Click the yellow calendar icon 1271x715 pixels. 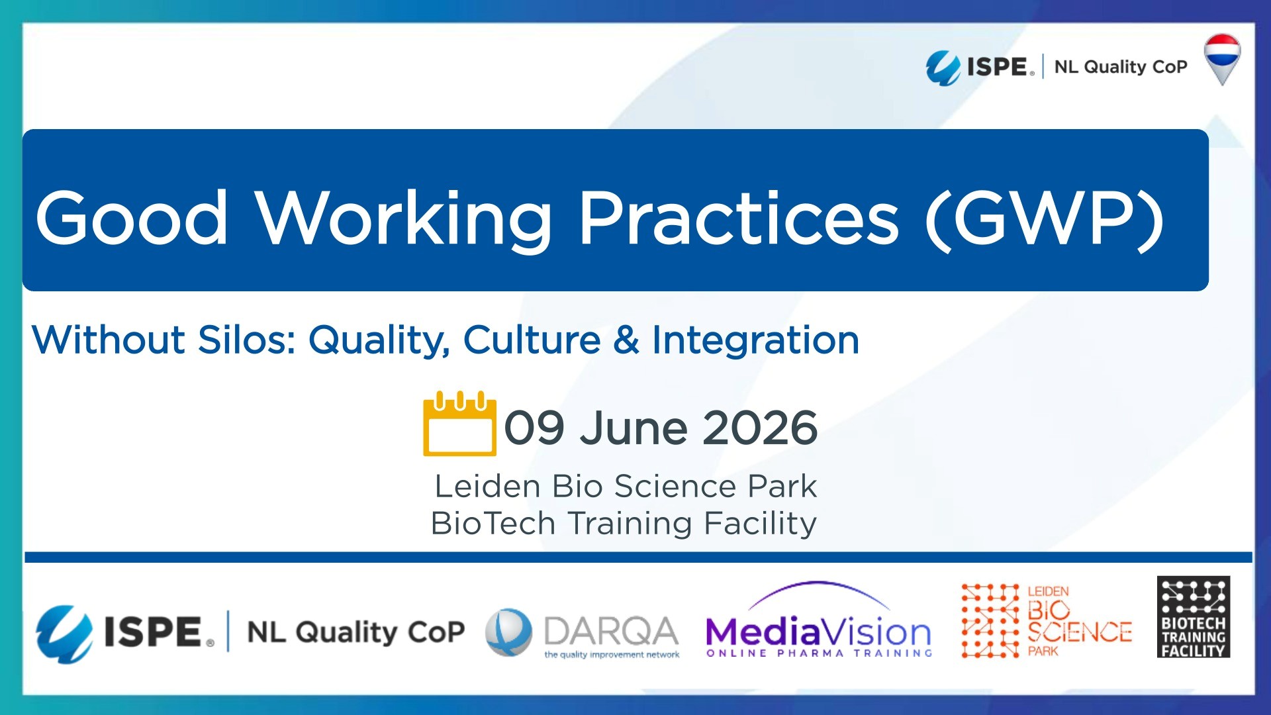click(x=459, y=424)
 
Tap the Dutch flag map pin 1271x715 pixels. click(x=1221, y=58)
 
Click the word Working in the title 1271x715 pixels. click(x=404, y=218)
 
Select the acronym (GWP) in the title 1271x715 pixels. click(x=1044, y=218)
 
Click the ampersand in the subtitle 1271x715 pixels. click(x=626, y=340)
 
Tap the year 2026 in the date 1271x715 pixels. click(x=759, y=428)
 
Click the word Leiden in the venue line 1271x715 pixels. click(x=487, y=487)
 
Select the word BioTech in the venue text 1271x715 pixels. click(x=493, y=524)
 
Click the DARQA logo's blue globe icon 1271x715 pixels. click(x=508, y=632)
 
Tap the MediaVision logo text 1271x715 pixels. click(x=818, y=632)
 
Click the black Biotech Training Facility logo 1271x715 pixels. click(x=1193, y=617)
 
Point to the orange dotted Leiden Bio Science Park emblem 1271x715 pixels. click(x=990, y=621)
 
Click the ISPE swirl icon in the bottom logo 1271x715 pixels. click(x=64, y=633)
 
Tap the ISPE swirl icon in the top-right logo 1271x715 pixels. click(x=943, y=68)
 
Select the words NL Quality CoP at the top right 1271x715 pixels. click(x=1120, y=67)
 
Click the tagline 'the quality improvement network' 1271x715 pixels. click(x=612, y=655)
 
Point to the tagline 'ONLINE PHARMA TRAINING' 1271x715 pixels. click(x=819, y=653)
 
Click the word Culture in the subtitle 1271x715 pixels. click(x=532, y=340)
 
